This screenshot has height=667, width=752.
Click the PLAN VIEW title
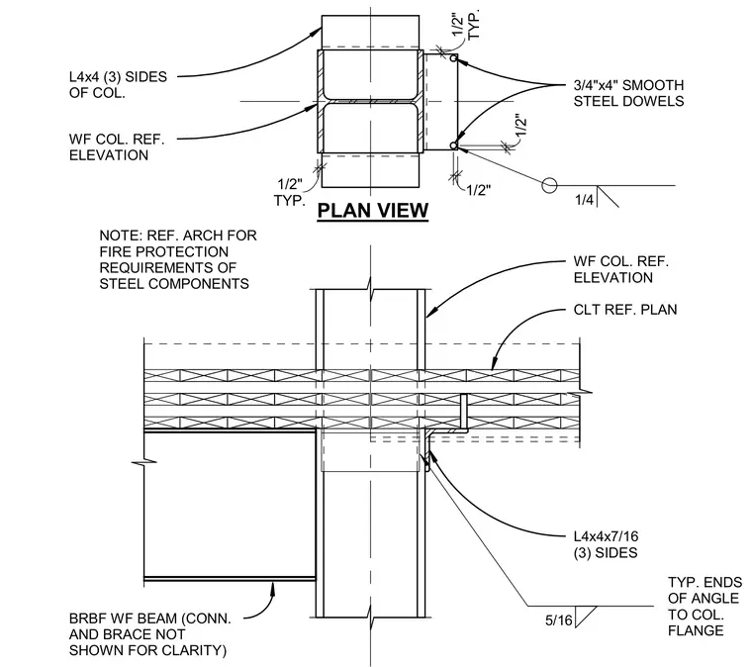coord(373,211)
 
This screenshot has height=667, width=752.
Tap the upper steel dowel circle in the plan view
coord(453,58)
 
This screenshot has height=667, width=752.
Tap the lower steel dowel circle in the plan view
coord(453,145)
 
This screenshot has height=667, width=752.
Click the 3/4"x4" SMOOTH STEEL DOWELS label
coord(628,93)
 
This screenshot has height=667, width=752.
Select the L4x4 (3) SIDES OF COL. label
coord(118,84)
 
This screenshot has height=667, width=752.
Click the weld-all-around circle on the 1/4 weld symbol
coord(549,185)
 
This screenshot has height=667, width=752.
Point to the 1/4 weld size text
coord(584,200)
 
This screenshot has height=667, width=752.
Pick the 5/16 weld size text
coord(559,620)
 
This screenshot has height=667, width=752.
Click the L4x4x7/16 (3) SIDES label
coord(607,544)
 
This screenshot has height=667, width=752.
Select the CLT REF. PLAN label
coord(625,310)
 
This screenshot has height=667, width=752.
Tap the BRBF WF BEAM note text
coord(150,634)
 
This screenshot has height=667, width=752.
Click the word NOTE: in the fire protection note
coord(121,236)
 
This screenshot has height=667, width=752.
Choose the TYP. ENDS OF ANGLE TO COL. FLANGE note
coord(705,606)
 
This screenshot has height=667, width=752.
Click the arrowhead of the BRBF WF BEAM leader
coord(273,587)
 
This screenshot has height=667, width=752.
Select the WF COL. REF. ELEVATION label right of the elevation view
coord(621,269)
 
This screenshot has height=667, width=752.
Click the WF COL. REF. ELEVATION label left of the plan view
coord(117,147)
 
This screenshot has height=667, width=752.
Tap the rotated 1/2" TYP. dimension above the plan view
coord(465,25)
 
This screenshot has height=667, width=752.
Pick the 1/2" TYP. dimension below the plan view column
coord(290,192)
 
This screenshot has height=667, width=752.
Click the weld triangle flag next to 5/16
coord(586,617)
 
